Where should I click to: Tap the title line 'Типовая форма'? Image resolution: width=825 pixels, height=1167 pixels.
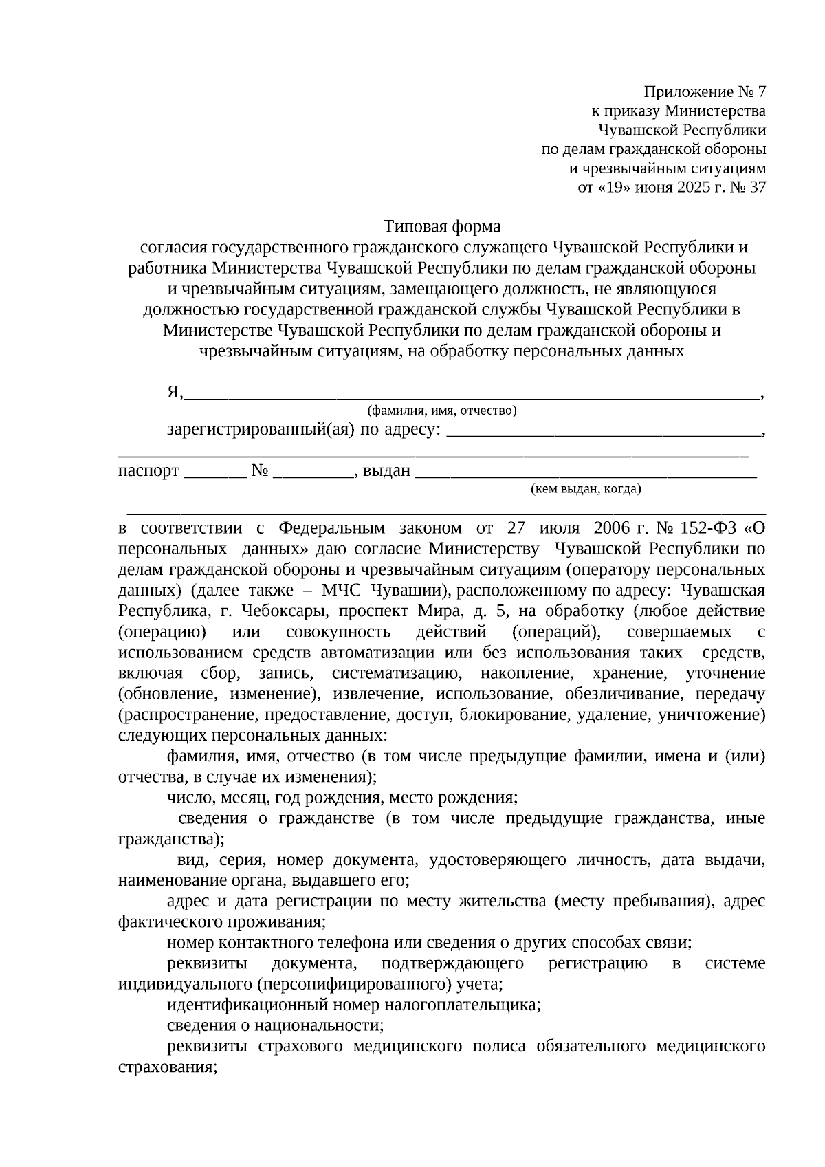click(x=441, y=226)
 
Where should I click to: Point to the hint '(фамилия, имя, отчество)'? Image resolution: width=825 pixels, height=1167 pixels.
click(x=442, y=411)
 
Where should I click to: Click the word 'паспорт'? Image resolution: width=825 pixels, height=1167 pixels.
click(x=148, y=471)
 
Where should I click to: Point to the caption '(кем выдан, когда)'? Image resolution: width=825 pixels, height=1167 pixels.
click(x=586, y=489)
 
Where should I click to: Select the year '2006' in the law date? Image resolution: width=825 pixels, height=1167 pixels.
click(x=611, y=529)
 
